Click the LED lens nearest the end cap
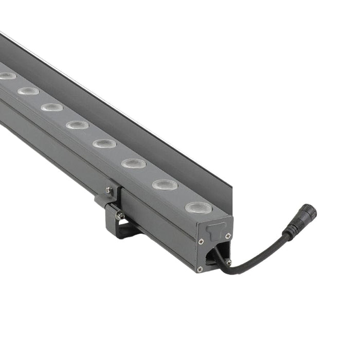coord(199,208)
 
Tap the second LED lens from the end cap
coord(165,185)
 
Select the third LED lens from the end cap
coord(134,164)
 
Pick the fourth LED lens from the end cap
coord(104,143)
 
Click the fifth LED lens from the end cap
coord(77,125)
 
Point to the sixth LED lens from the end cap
coord(52,107)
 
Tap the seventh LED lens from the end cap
coord(28,91)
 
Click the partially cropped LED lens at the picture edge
coord(7,76)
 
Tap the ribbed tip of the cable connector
coord(309,211)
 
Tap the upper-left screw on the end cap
coord(201,241)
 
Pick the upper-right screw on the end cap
coord(228,236)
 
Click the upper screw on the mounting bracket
coord(109,190)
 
